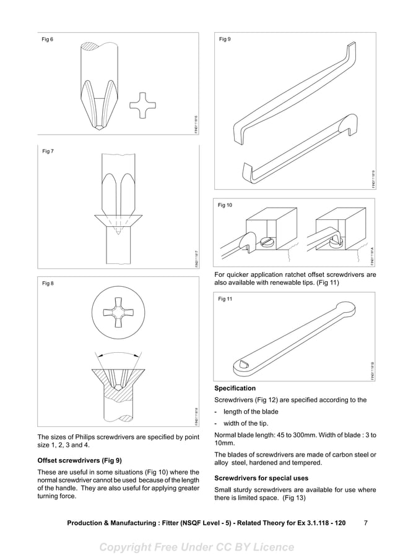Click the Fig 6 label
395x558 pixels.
(47, 40)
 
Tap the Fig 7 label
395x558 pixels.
(47, 151)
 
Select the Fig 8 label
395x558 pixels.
(47, 284)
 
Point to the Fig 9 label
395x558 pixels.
(225, 40)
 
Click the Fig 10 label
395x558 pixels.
(226, 205)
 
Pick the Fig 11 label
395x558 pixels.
(226, 299)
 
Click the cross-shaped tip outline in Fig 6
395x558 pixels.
(142, 106)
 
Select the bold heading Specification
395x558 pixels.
(235, 389)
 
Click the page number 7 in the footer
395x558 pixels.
(366, 523)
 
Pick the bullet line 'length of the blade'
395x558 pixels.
(250, 412)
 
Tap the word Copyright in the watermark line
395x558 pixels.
(128, 547)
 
